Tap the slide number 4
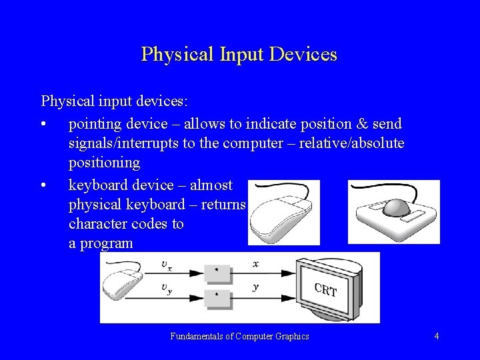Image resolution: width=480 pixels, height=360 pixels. click(x=436, y=336)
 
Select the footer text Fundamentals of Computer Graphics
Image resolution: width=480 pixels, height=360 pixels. click(x=239, y=336)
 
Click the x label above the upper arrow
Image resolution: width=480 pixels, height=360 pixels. click(x=255, y=265)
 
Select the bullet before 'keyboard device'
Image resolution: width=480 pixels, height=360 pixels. click(x=43, y=185)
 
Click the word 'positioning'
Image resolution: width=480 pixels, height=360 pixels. click(x=104, y=162)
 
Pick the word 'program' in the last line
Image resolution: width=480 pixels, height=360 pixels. click(x=106, y=243)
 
